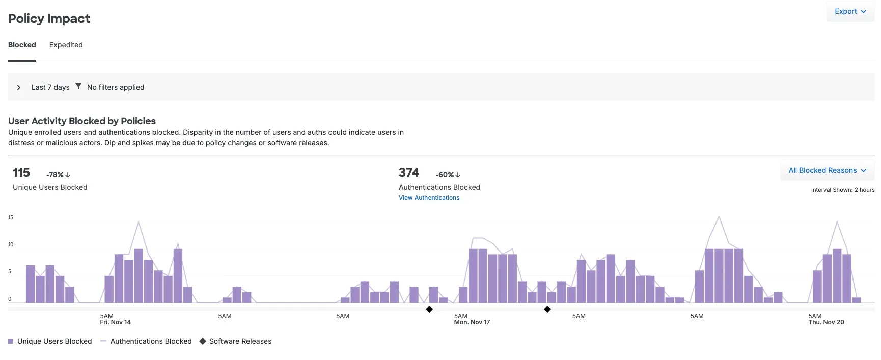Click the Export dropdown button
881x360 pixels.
[850, 11]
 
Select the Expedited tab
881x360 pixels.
[66, 45]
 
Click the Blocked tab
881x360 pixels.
[22, 45]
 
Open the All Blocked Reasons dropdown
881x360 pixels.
[827, 170]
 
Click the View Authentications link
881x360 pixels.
[429, 198]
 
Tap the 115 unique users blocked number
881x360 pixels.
[21, 173]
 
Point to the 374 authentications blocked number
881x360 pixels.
[408, 173]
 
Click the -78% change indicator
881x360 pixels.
[58, 175]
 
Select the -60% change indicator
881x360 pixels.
[448, 175]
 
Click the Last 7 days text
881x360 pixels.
[50, 87]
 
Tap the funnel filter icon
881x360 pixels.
[78, 86]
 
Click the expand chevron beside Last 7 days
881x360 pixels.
[19, 87]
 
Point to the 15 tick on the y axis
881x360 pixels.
[11, 217]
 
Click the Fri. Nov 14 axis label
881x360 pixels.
[116, 322]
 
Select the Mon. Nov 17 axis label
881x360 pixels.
[472, 322]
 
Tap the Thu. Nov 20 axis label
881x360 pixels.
[826, 322]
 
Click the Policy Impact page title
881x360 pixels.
[49, 19]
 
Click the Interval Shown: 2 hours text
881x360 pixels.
[842, 190]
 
